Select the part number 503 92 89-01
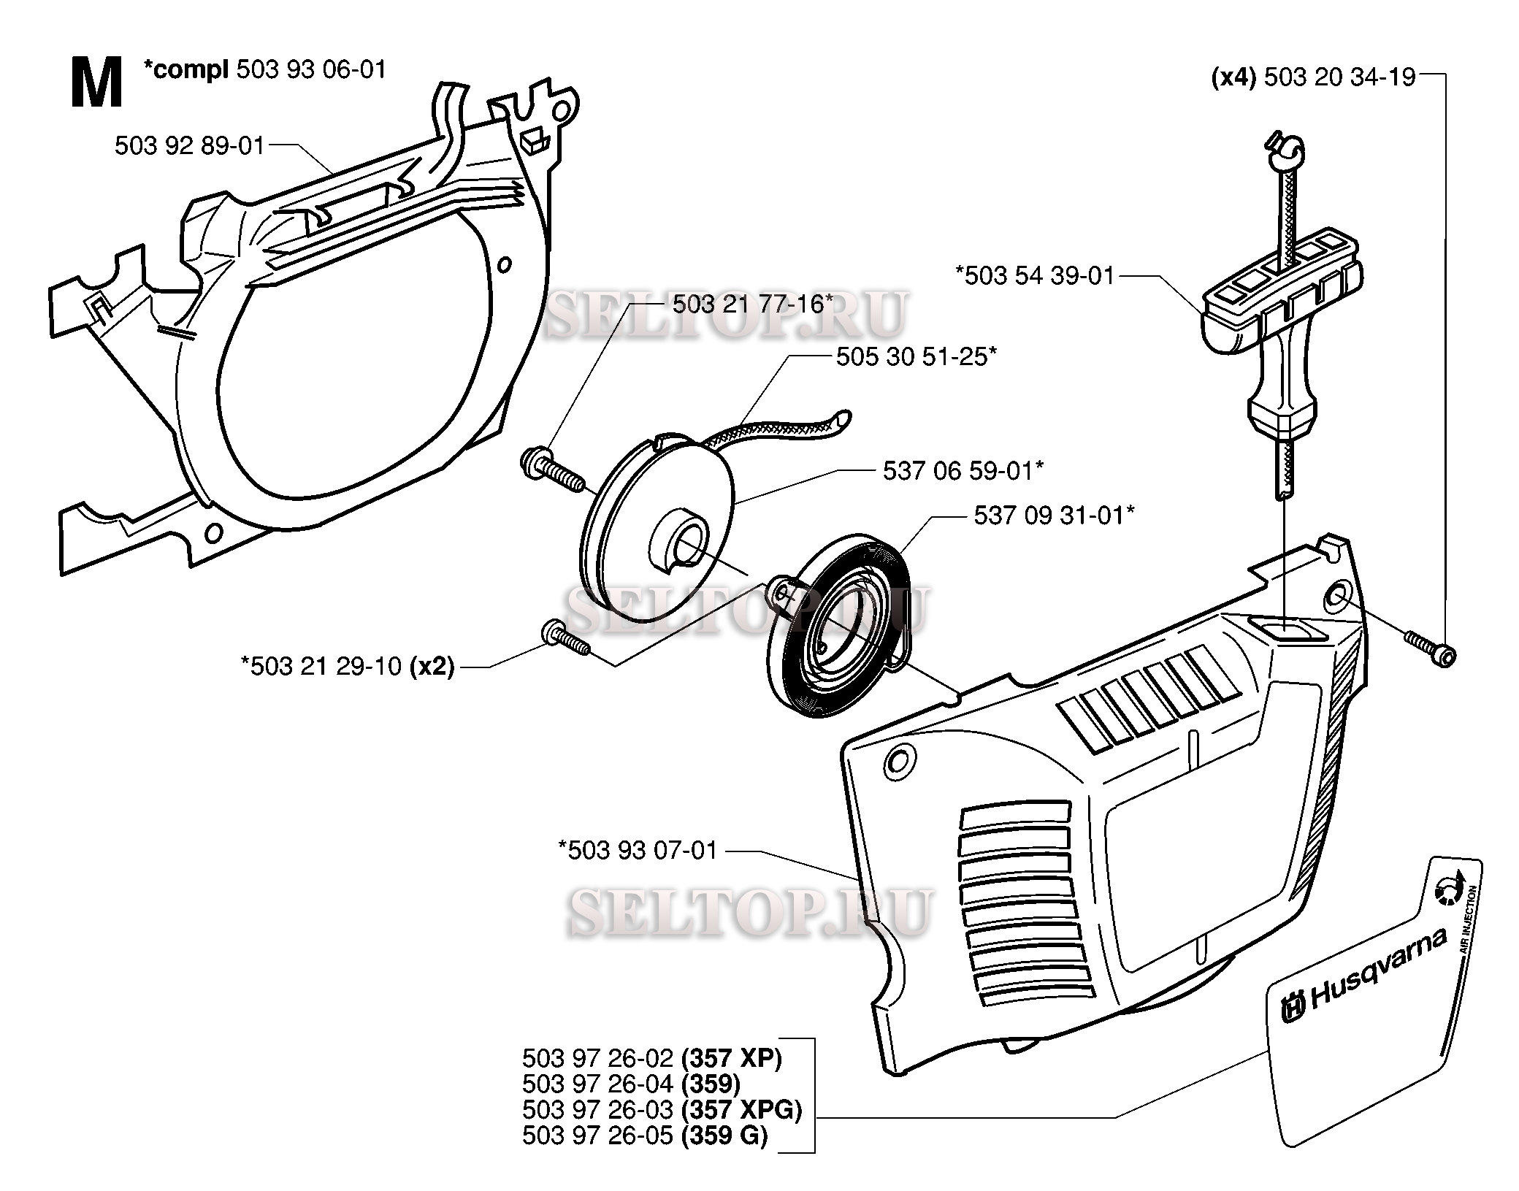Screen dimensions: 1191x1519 coord(189,146)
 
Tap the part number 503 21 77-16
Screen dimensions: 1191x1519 coord(752,304)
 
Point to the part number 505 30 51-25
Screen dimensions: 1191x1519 coord(916,357)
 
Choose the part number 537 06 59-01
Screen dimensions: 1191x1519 coord(963,471)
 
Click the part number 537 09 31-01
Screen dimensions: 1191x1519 coord(1054,516)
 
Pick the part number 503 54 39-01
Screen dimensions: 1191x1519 coord(1035,276)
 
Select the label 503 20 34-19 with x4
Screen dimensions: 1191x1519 coord(1313,77)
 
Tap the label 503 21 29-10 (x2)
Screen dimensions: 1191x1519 coord(347,666)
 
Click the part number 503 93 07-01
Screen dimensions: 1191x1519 coord(638,851)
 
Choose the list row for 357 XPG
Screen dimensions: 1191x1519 coord(662,1109)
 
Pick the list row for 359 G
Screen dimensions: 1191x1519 coord(645,1136)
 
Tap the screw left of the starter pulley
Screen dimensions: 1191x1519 coord(552,470)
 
